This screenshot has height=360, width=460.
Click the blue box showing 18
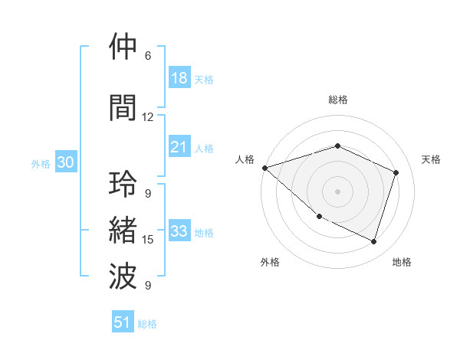pyautogui.click(x=179, y=78)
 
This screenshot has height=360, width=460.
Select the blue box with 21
pyautogui.click(x=179, y=147)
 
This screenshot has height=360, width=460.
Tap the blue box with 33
pyautogui.click(x=179, y=232)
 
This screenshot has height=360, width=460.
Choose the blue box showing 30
pyautogui.click(x=65, y=162)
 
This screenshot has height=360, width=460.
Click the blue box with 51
pyautogui.click(x=123, y=322)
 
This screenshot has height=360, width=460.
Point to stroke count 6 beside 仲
pyautogui.click(x=148, y=56)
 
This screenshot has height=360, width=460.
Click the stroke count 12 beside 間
pyautogui.click(x=148, y=116)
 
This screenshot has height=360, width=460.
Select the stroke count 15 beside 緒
pyautogui.click(x=148, y=240)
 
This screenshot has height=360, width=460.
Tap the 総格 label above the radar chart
pyautogui.click(x=337, y=100)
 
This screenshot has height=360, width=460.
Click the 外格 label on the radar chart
pyautogui.click(x=270, y=262)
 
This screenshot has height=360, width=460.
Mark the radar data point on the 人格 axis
pyautogui.click(x=264, y=168)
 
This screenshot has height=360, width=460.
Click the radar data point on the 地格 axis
pyautogui.click(x=373, y=241)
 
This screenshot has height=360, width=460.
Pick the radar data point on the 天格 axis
pyautogui.click(x=396, y=172)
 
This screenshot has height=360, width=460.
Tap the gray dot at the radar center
pyautogui.click(x=337, y=191)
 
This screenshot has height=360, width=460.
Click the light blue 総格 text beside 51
pyautogui.click(x=147, y=323)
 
